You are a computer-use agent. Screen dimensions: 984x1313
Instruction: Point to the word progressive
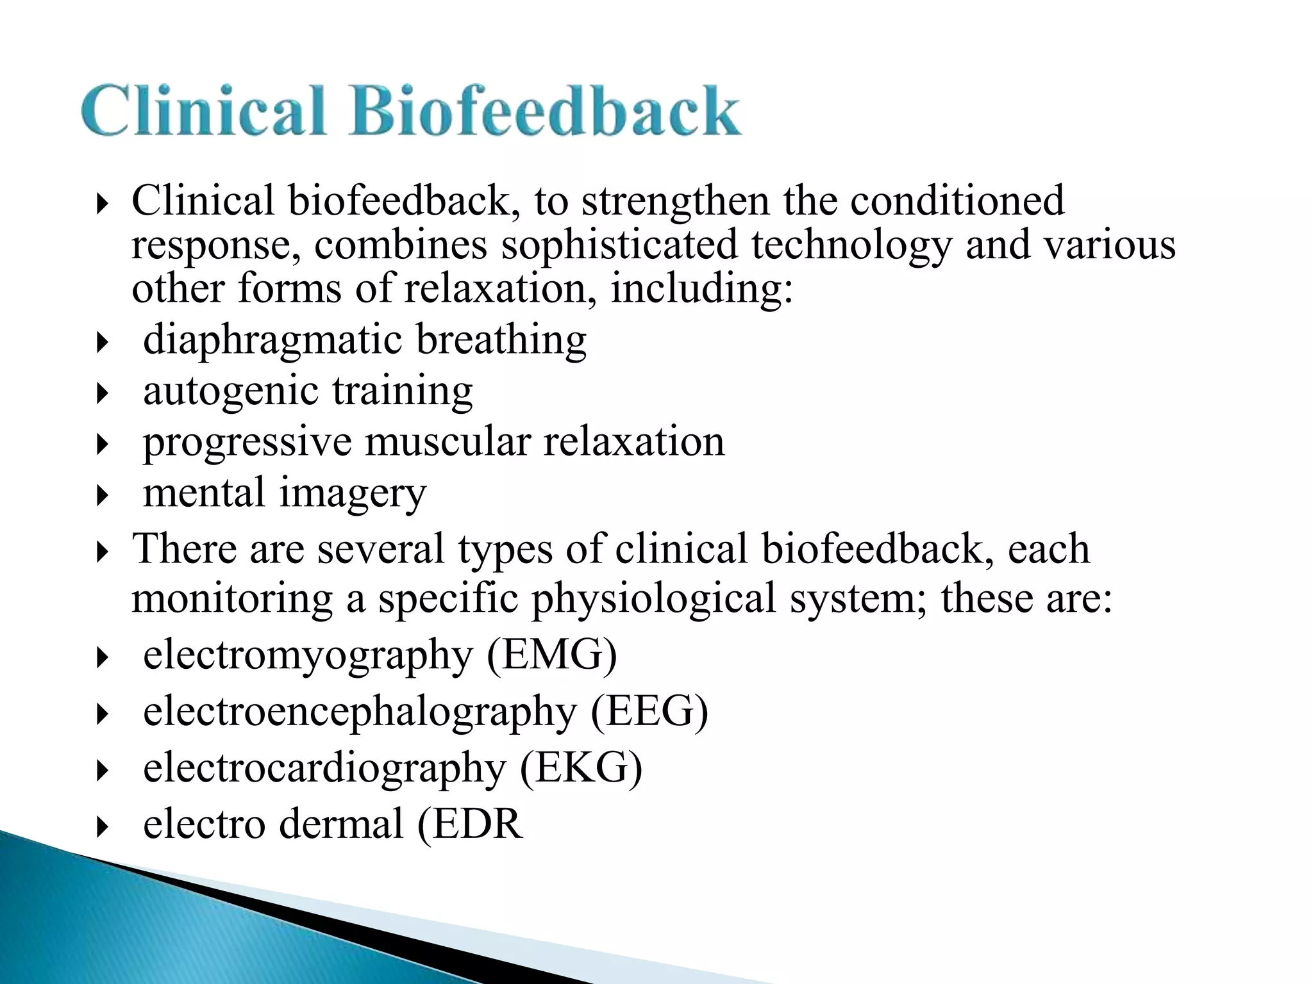tap(247, 442)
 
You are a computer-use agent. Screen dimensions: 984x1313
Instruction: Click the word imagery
tap(353, 493)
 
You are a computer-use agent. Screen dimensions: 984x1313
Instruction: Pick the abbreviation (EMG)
tap(552, 655)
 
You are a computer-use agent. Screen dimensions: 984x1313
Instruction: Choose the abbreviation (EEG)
tap(649, 711)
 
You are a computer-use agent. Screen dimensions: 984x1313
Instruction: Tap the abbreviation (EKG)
tap(581, 767)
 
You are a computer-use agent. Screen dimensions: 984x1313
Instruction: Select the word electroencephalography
tap(360, 711)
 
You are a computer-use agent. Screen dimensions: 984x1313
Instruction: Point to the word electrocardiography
tap(324, 767)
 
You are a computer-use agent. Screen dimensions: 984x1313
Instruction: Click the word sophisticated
tap(619, 245)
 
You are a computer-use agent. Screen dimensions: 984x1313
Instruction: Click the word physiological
tap(654, 598)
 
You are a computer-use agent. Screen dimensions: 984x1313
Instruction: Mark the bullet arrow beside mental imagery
tap(102, 496)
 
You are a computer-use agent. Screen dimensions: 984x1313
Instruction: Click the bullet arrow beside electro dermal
tap(102, 826)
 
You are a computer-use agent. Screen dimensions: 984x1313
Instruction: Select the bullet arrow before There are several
tap(102, 552)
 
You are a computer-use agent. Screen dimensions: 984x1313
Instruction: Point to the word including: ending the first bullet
tap(702, 288)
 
